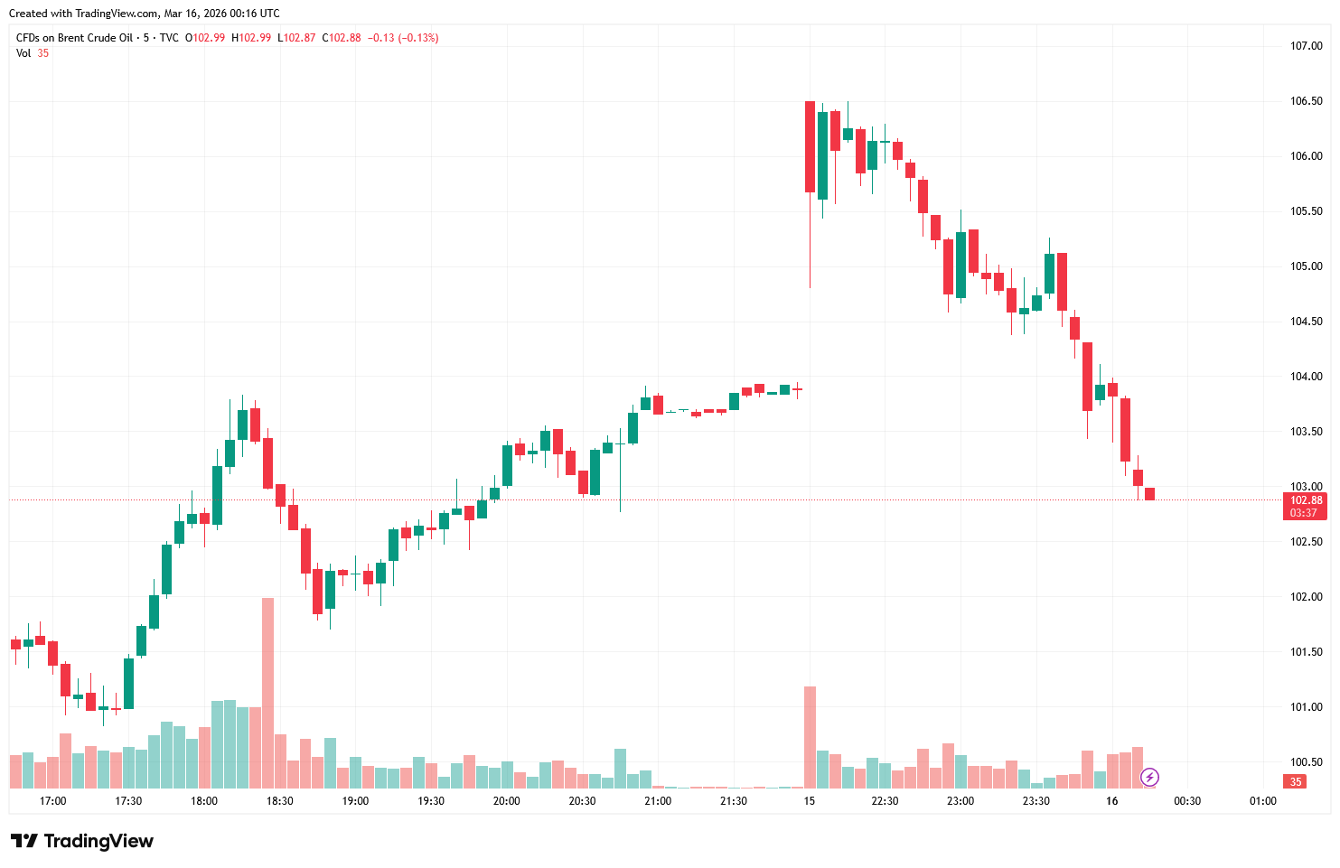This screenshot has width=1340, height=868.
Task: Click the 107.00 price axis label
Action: tap(1306, 46)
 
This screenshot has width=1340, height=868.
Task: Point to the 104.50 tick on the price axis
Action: tap(1306, 322)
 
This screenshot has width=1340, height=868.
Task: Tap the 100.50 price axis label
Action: tap(1306, 762)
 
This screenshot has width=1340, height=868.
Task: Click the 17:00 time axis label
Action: tap(53, 801)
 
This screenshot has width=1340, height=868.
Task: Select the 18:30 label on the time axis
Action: tap(280, 801)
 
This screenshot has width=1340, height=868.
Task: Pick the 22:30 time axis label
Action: tap(885, 801)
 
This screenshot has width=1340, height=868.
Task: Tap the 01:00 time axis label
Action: tap(1262, 801)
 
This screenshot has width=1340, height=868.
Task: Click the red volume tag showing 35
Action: tap(1296, 782)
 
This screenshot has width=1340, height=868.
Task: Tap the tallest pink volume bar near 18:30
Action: tap(267, 693)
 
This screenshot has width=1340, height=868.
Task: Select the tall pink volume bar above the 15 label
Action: tap(810, 737)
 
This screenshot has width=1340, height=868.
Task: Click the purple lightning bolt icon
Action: tap(1149, 777)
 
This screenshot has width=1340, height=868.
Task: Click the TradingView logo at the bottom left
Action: tap(82, 841)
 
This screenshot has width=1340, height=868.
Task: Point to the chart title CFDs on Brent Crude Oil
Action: tap(74, 38)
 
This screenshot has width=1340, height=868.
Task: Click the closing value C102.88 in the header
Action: tap(342, 38)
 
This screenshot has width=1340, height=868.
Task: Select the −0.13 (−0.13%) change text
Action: tap(403, 38)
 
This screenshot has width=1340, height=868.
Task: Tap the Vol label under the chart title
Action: tap(23, 53)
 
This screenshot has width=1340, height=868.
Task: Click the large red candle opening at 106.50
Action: tap(810, 146)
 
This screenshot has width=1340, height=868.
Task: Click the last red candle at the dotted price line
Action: tap(1149, 494)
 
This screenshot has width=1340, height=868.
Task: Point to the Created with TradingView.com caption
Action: tap(144, 14)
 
